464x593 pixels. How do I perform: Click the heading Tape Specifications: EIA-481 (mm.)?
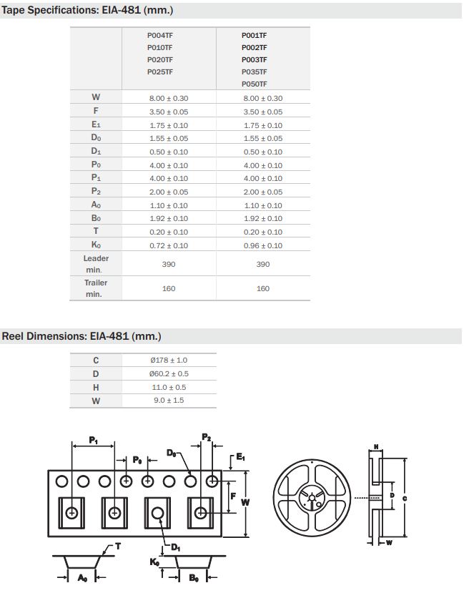tap(88, 11)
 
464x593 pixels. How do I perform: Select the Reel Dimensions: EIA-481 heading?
tap(82, 335)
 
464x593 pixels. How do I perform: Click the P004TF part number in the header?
tap(160, 35)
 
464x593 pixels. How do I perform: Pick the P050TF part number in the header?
tap(255, 84)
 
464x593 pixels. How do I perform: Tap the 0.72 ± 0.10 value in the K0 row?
tap(169, 245)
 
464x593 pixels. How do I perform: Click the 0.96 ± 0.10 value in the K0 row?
tap(263, 245)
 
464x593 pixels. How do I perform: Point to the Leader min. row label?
tap(96, 264)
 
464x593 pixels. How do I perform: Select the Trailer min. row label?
tap(96, 288)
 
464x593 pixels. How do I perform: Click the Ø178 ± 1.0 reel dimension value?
tap(169, 360)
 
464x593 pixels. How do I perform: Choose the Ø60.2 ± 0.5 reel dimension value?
tap(169, 373)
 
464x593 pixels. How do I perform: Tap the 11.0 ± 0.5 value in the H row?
tap(169, 387)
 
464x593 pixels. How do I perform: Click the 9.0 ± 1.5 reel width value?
tap(169, 401)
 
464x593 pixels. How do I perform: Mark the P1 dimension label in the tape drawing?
tap(94, 439)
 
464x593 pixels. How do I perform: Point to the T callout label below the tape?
tap(118, 546)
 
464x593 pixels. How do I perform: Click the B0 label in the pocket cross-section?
tap(193, 578)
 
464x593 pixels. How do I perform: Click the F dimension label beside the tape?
tap(232, 494)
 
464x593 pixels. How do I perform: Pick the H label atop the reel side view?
tap(375, 448)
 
